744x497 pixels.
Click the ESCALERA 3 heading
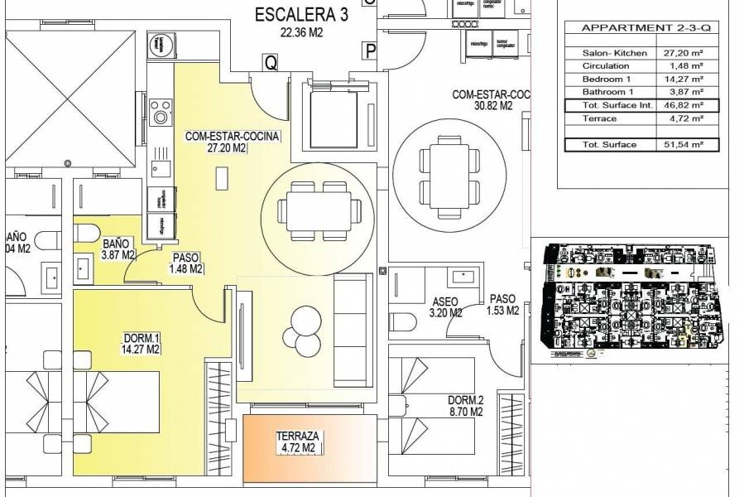pyautogui.click(x=301, y=15)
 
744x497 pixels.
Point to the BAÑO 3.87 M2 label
pyautogui.click(x=117, y=249)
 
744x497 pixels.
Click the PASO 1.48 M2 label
pyautogui.click(x=186, y=263)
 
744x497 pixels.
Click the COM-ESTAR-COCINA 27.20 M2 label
pyautogui.click(x=233, y=142)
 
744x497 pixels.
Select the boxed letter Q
pyautogui.click(x=270, y=60)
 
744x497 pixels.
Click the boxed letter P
pyautogui.click(x=369, y=52)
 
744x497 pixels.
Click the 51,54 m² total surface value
pyautogui.click(x=684, y=145)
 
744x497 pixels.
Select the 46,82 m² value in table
pyautogui.click(x=684, y=105)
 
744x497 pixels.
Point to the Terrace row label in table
pyautogui.click(x=599, y=118)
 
